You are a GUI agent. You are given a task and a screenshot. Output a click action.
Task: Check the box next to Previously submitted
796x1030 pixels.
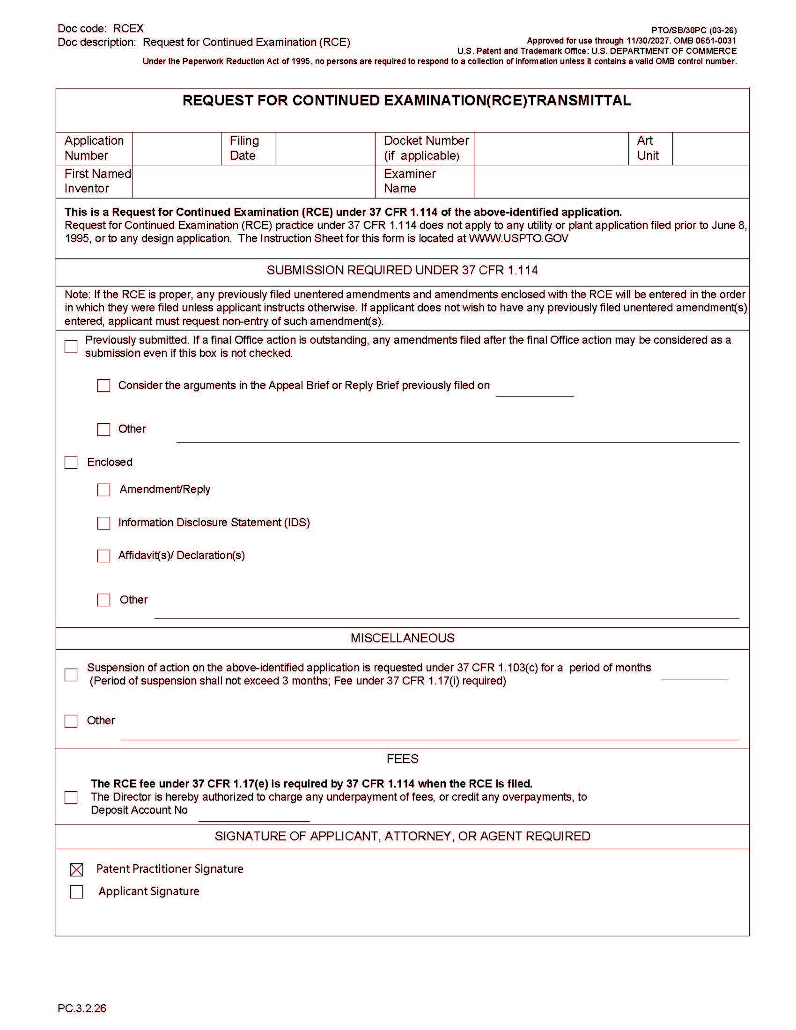point(71,346)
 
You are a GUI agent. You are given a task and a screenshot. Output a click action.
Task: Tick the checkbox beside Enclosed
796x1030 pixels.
point(71,462)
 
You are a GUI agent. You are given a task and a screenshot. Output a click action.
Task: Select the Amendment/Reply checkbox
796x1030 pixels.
point(104,490)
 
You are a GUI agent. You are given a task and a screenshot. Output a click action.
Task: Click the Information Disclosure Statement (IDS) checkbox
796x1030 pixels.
point(104,523)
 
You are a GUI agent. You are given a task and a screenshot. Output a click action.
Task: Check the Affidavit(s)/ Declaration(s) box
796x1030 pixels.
point(104,556)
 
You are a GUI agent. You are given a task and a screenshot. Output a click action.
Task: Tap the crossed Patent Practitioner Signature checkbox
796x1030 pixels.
point(76,869)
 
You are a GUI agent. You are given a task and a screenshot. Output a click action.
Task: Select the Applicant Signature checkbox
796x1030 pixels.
point(76,892)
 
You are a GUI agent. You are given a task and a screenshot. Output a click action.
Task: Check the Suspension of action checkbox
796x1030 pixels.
point(71,675)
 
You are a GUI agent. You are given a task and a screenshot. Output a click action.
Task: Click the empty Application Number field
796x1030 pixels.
point(177,148)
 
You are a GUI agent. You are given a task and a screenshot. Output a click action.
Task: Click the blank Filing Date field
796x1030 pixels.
point(325,148)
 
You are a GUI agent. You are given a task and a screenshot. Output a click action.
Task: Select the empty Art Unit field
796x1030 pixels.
point(711,148)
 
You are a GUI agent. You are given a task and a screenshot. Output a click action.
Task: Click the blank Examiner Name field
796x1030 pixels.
point(611,182)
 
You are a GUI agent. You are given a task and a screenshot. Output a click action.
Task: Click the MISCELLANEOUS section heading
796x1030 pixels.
point(402,638)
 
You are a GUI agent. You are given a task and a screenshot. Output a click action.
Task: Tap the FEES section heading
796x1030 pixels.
point(402,759)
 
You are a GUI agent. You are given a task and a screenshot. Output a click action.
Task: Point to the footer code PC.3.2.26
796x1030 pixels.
point(82,1008)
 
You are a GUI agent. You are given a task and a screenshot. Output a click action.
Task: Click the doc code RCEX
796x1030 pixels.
point(128,29)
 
